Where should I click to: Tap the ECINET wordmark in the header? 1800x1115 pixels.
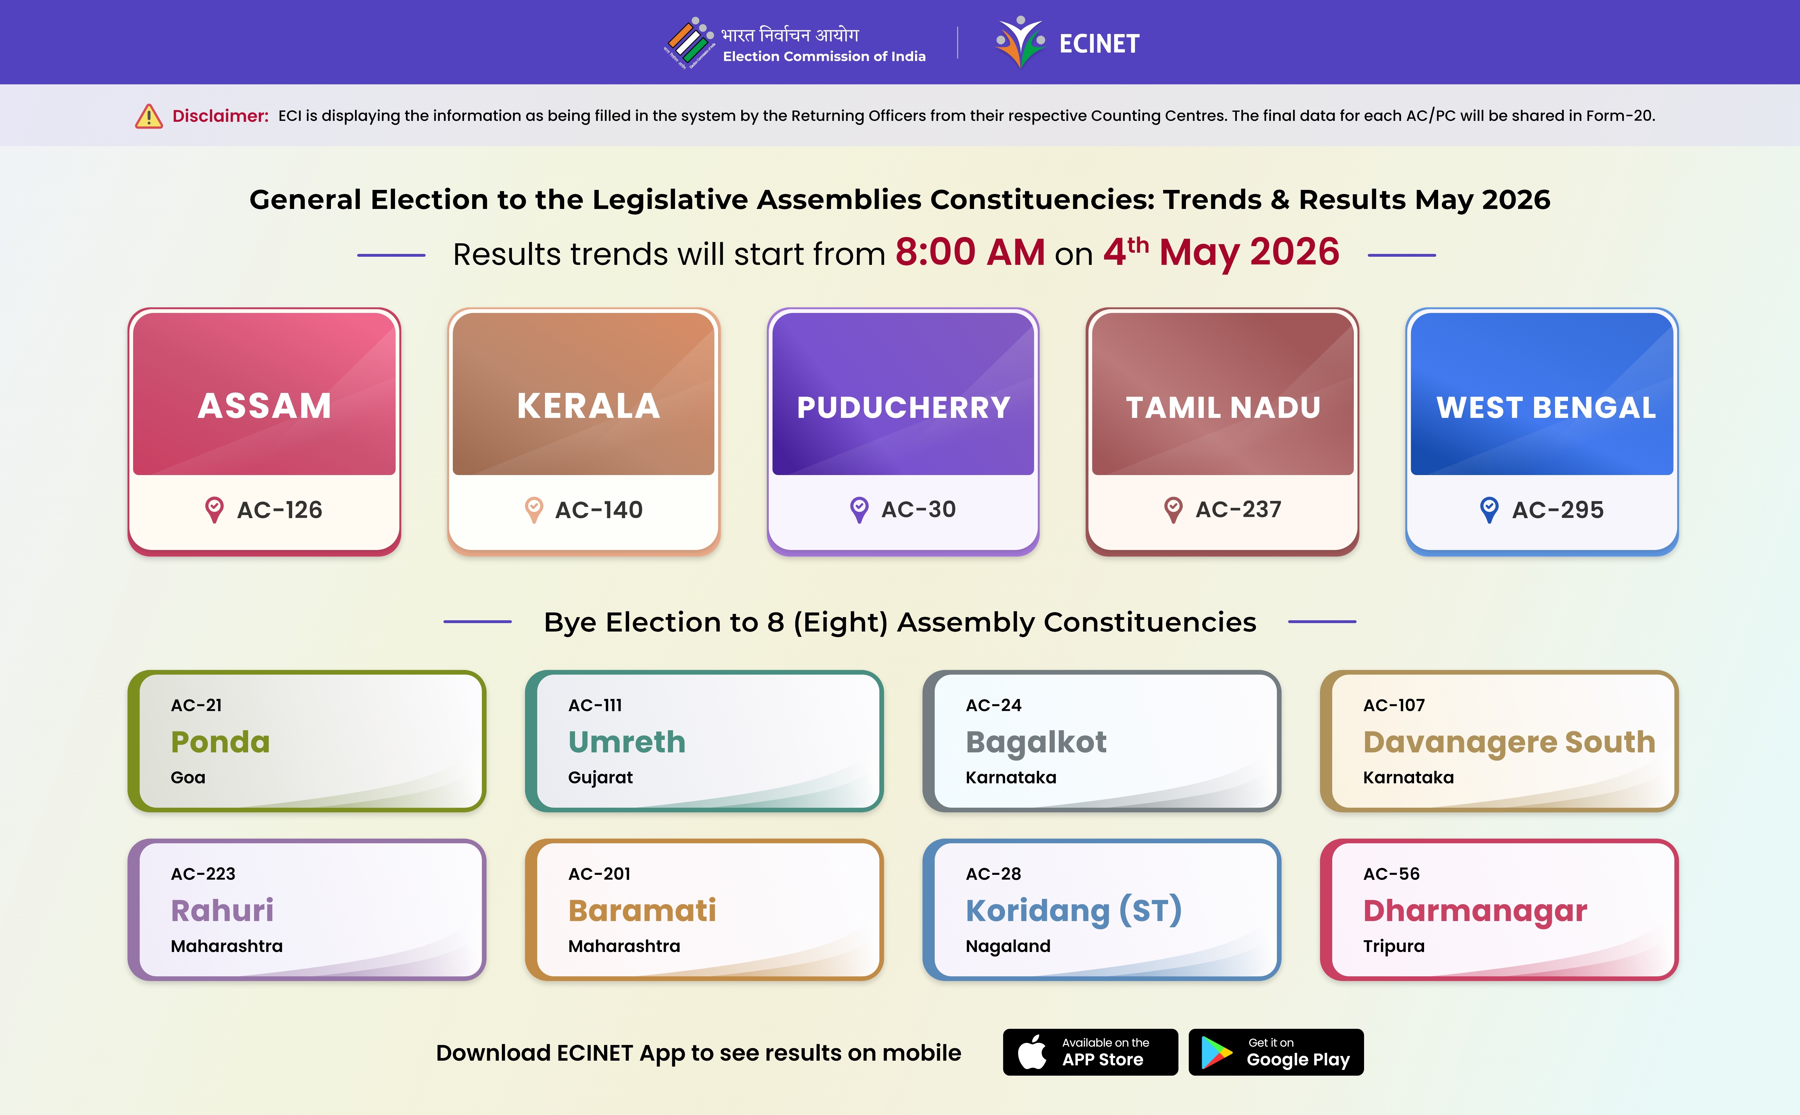(x=1099, y=43)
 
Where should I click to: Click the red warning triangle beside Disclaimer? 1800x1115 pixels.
(x=149, y=116)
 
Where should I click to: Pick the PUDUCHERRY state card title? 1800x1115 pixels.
(x=904, y=407)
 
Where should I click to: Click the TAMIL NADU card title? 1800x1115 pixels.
(x=1223, y=407)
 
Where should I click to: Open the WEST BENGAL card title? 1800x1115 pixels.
(x=1546, y=407)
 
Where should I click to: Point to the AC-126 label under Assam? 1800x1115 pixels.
(x=280, y=510)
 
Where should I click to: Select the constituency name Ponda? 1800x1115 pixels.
(x=221, y=742)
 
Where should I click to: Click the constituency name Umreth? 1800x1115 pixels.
(x=627, y=742)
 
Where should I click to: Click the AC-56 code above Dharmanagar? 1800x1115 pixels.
(x=1391, y=874)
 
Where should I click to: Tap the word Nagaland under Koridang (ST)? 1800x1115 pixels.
(x=1008, y=946)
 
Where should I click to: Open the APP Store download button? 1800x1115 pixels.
(x=1090, y=1052)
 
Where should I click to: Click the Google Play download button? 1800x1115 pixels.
(x=1276, y=1052)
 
